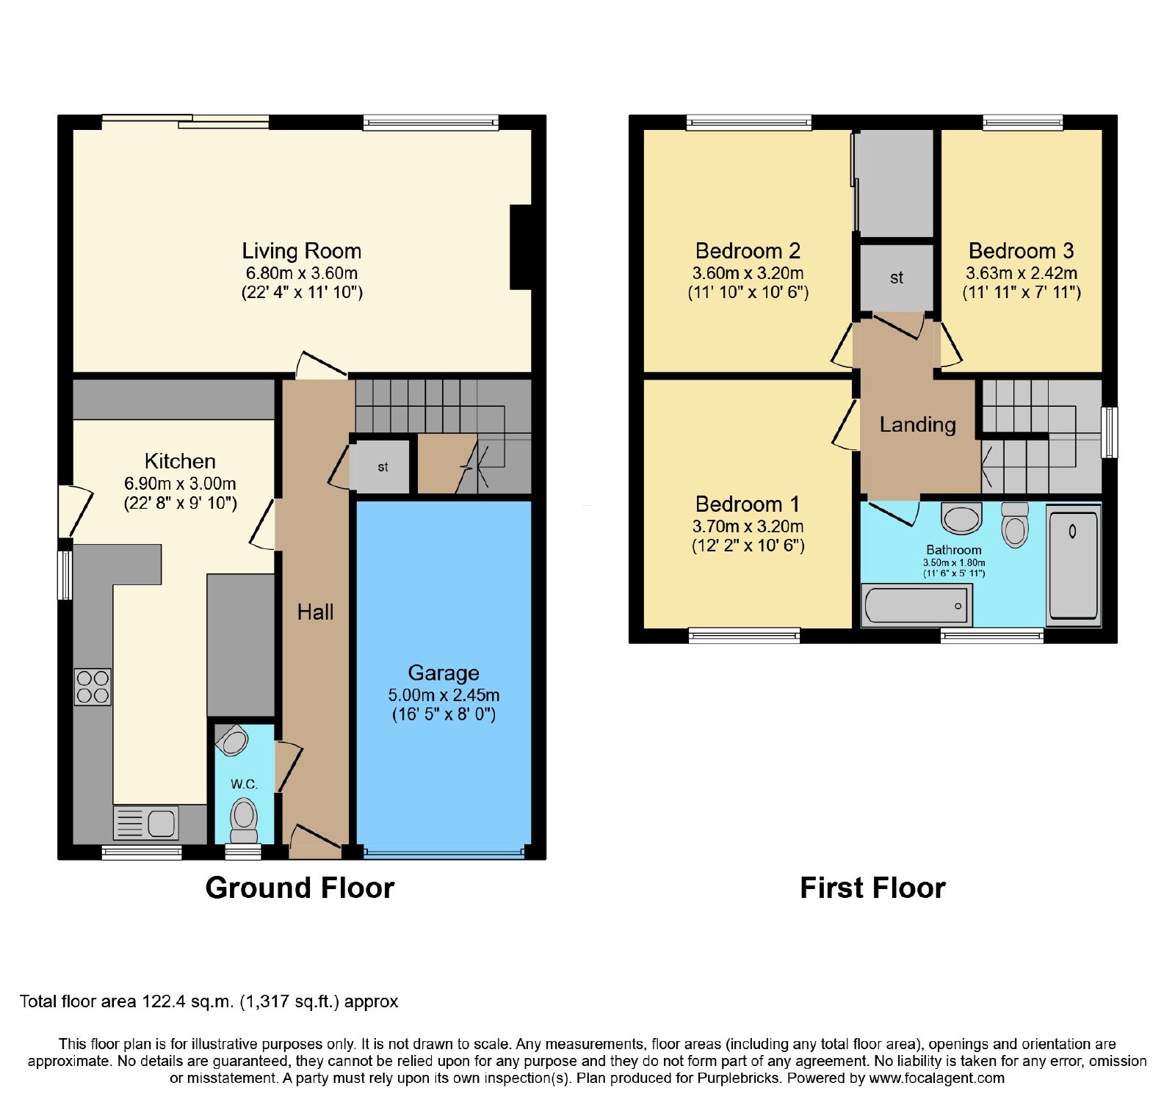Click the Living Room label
click(302, 251)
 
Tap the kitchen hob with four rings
click(93, 687)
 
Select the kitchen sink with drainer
click(146, 823)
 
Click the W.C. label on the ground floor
click(244, 784)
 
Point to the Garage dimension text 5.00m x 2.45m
click(444, 695)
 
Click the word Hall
click(315, 612)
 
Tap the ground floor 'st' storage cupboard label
click(383, 467)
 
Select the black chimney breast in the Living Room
click(521, 247)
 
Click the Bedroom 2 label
click(748, 251)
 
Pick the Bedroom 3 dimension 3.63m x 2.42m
click(1022, 273)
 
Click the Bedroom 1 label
click(748, 504)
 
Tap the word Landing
click(918, 424)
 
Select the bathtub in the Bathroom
click(916, 606)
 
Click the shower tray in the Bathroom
click(1073, 565)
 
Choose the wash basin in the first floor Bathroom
click(961, 518)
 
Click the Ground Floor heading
click(300, 888)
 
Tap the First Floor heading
click(872, 888)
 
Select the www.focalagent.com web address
click(936, 1079)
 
